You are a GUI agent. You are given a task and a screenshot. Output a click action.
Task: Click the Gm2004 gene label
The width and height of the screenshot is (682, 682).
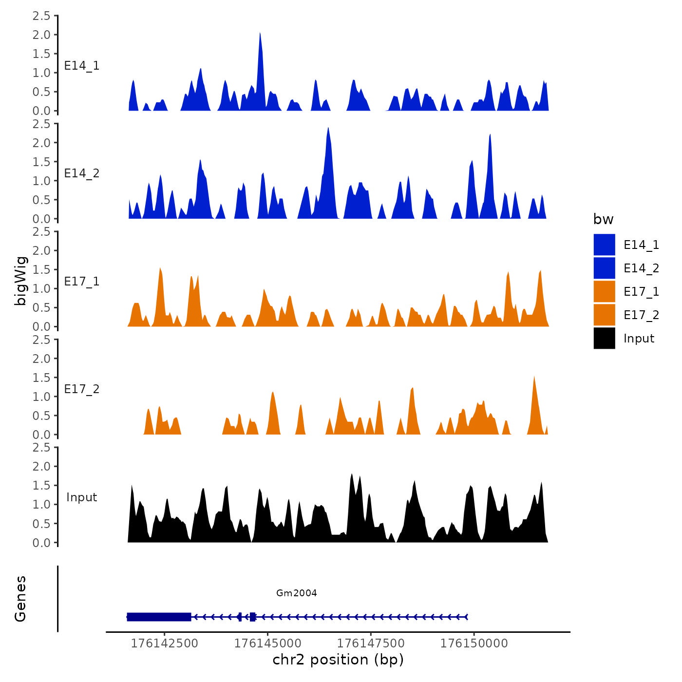pyautogui.click(x=296, y=593)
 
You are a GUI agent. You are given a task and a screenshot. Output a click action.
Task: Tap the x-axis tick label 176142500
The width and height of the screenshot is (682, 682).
pyautogui.click(x=165, y=644)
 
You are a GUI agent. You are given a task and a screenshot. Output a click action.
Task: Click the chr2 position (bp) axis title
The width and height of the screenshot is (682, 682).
pyautogui.click(x=338, y=660)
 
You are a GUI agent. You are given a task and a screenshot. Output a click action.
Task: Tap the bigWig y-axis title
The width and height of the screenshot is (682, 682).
pyautogui.click(x=20, y=281)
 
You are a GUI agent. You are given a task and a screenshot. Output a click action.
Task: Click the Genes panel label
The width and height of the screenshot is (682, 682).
pyautogui.click(x=20, y=599)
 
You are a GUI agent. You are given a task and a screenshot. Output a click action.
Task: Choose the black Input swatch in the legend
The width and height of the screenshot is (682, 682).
pyautogui.click(x=604, y=339)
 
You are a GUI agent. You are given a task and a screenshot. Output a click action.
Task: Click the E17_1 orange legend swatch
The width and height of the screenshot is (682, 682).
pyautogui.click(x=604, y=292)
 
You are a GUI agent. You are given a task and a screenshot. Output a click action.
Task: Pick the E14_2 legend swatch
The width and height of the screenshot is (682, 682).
pyautogui.click(x=604, y=268)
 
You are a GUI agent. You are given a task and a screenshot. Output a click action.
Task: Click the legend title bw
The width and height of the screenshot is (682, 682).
pyautogui.click(x=603, y=219)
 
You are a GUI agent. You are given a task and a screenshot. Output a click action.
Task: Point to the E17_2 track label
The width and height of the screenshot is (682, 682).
pyautogui.click(x=82, y=389)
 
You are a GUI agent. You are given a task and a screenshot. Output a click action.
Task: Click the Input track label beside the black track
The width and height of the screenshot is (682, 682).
pyautogui.click(x=82, y=497)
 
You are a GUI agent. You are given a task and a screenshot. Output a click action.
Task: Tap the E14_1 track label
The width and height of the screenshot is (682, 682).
pyautogui.click(x=82, y=66)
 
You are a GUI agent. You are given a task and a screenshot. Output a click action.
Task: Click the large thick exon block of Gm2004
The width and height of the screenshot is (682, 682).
pyautogui.click(x=159, y=617)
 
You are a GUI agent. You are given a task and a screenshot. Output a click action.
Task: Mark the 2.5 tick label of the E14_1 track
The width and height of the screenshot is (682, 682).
pyautogui.click(x=41, y=16)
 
